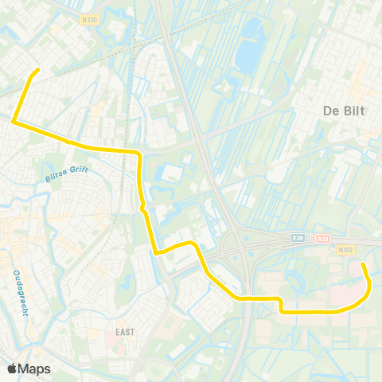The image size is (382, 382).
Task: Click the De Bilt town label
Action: click(343, 111)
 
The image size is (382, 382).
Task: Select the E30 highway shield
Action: click(298, 238)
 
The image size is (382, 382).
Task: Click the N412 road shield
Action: click(344, 249)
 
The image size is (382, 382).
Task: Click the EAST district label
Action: click(124, 331)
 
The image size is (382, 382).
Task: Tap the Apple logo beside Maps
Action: click(13, 368)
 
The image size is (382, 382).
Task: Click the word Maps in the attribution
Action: click(35, 368)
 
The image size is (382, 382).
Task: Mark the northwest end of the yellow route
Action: click(37, 71)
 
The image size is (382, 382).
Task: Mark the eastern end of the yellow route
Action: click(363, 263)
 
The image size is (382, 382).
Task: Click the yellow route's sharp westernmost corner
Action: click(13, 121)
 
